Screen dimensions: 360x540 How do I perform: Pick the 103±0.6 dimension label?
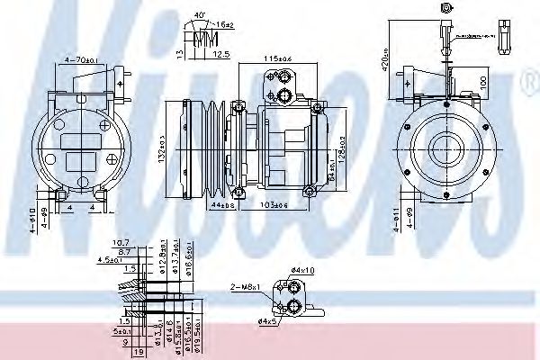[x=273, y=205]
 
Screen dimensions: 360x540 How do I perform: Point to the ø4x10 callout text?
[x=301, y=271]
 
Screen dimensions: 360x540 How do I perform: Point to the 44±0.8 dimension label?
[x=221, y=205]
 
